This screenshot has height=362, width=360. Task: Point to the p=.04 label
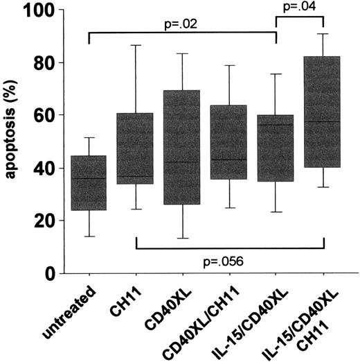click(x=300, y=8)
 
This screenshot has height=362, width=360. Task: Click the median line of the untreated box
click(x=89, y=178)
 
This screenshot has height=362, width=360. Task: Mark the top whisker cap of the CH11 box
click(x=136, y=46)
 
